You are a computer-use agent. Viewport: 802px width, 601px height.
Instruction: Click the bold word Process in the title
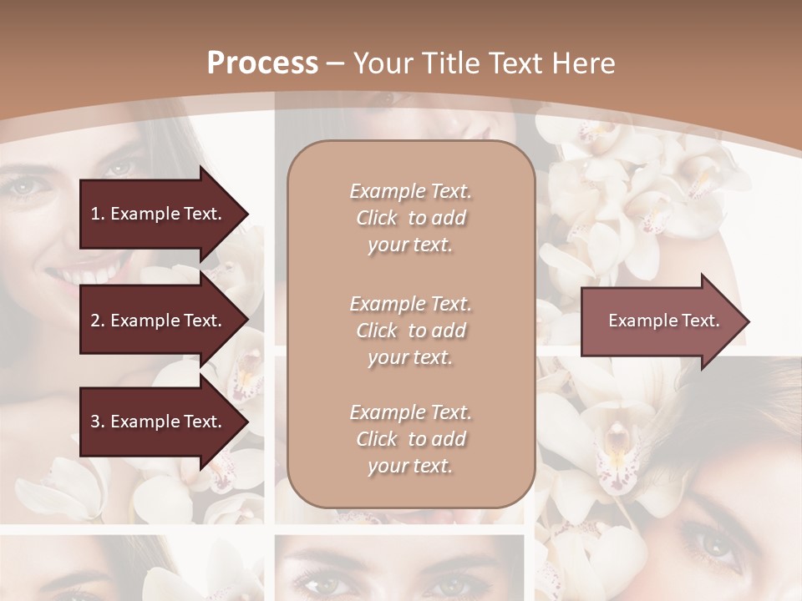pyautogui.click(x=262, y=63)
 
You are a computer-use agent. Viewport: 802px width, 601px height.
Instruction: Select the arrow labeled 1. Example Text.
pyautogui.click(x=159, y=214)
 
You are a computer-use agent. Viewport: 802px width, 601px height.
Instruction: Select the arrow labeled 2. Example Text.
pyautogui.click(x=159, y=321)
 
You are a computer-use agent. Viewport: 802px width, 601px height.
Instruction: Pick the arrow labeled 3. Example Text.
pyautogui.click(x=159, y=422)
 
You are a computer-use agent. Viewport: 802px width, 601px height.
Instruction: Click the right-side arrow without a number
pyautogui.click(x=660, y=321)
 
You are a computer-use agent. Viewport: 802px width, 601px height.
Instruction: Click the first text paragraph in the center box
pyautogui.click(x=410, y=218)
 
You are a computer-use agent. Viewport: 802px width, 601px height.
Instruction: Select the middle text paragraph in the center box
pyautogui.click(x=410, y=331)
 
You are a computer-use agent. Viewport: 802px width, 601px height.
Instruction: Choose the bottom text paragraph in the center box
pyautogui.click(x=410, y=439)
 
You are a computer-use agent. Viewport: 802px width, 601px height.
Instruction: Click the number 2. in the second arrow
pyautogui.click(x=98, y=321)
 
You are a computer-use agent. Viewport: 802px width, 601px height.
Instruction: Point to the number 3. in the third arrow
pyautogui.click(x=98, y=422)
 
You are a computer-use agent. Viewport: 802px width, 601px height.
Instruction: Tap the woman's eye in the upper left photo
pyautogui.click(x=25, y=186)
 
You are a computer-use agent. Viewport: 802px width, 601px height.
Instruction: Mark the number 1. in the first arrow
pyautogui.click(x=97, y=214)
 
